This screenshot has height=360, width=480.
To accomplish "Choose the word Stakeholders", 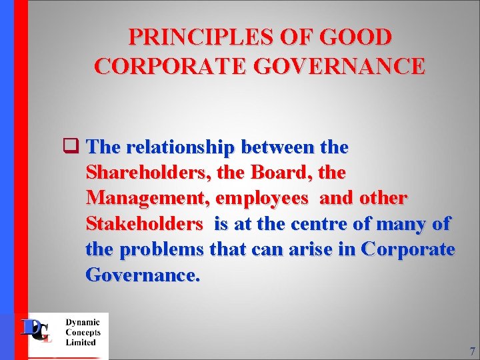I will click(144, 224).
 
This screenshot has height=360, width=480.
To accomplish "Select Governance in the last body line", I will click(143, 275).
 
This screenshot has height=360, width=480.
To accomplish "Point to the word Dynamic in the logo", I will click(83, 322).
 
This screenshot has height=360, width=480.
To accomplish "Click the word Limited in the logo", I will click(81, 343).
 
